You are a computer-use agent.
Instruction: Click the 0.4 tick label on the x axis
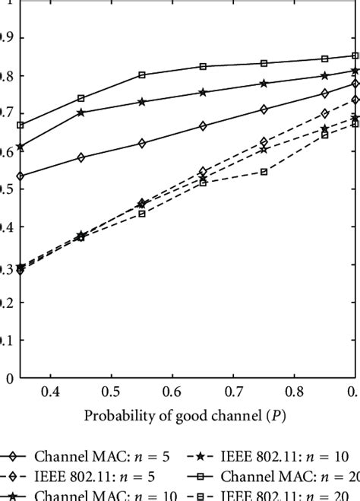[50, 391]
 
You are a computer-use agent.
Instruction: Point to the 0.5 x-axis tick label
[111, 391]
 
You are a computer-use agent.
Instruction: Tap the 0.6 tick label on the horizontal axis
[172, 391]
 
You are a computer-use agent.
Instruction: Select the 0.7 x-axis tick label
[233, 391]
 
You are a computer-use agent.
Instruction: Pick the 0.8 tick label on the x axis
[294, 391]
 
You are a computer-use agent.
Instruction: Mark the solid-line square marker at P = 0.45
[81, 98]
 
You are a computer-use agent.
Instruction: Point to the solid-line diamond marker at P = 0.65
[203, 126]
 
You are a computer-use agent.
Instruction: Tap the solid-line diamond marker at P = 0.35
[21, 176]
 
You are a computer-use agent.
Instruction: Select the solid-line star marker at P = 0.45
[81, 113]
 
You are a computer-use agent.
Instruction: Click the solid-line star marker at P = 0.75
[264, 84]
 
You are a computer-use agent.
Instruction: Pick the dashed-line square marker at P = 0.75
[264, 172]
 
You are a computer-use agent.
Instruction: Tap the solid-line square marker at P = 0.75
[264, 63]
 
